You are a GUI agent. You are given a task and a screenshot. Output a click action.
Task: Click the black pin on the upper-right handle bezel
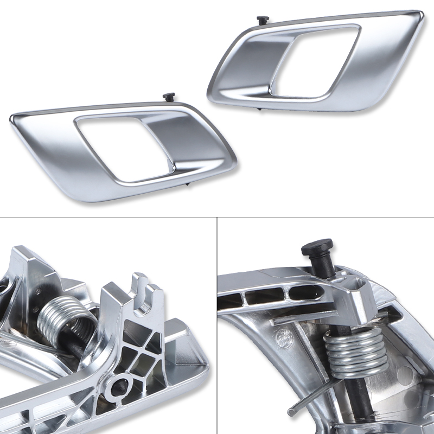click(263, 20)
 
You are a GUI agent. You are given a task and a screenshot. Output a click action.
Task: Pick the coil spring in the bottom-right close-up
click(355, 353)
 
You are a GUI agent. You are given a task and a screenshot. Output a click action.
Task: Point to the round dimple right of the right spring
click(404, 374)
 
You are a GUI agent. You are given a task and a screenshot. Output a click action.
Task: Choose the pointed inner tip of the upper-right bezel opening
click(270, 87)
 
